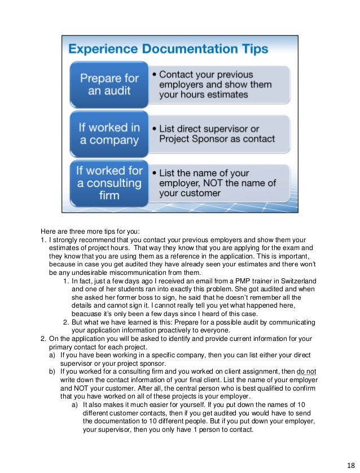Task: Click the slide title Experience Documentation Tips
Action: click(x=168, y=50)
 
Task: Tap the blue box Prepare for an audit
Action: click(x=108, y=84)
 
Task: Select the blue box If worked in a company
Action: click(x=108, y=133)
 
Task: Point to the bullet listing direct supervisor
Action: click(x=217, y=133)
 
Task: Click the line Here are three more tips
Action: click(x=85, y=231)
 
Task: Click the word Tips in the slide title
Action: click(x=248, y=50)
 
